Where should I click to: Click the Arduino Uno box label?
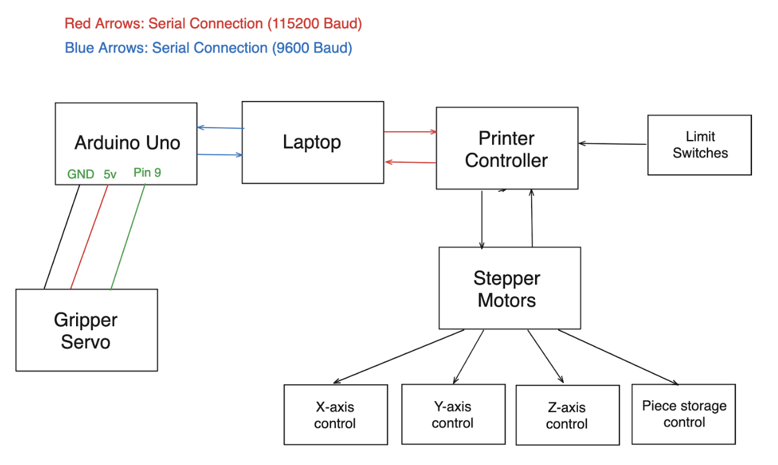click(x=127, y=143)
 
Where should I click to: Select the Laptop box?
click(x=312, y=142)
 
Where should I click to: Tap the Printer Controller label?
click(x=506, y=149)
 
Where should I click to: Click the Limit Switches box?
click(x=699, y=145)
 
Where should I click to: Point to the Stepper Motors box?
click(x=509, y=288)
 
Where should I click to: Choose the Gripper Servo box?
click(x=86, y=330)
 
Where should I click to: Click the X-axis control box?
click(x=335, y=415)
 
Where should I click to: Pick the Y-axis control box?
click(x=453, y=415)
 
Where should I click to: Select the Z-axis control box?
click(x=567, y=416)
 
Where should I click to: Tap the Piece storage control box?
click(x=683, y=414)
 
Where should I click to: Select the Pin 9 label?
click(x=147, y=173)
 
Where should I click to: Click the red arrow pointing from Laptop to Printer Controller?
click(x=410, y=132)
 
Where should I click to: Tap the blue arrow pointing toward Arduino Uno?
click(x=220, y=128)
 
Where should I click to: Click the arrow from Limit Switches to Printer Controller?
click(x=613, y=143)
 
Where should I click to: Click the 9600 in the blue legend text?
click(x=286, y=48)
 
